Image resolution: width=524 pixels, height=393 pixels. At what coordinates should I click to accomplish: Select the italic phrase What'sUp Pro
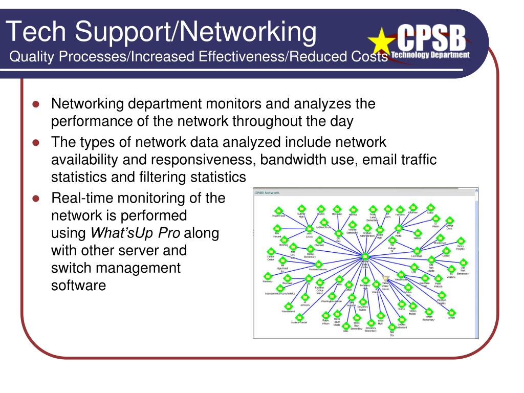click(x=135, y=233)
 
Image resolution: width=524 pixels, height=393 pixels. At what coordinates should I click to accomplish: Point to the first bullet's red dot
click(x=36, y=104)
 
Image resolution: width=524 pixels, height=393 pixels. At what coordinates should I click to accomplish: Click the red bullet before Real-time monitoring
click(x=36, y=198)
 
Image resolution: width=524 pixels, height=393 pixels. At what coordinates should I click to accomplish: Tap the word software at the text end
click(x=78, y=286)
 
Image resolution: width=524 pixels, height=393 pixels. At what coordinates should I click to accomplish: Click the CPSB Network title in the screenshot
click(x=267, y=192)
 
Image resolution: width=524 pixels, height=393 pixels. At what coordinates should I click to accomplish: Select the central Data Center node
click(x=365, y=257)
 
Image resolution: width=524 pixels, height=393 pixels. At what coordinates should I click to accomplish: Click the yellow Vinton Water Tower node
click(x=386, y=278)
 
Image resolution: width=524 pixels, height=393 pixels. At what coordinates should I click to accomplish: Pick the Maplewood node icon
click(x=279, y=210)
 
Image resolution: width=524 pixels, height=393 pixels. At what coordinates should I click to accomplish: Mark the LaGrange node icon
click(x=417, y=251)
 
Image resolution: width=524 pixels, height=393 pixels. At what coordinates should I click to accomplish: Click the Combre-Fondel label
click(x=298, y=322)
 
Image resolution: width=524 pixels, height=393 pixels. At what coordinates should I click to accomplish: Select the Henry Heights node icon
click(x=461, y=240)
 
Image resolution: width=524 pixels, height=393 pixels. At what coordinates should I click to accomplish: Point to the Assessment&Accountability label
click(x=280, y=293)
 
